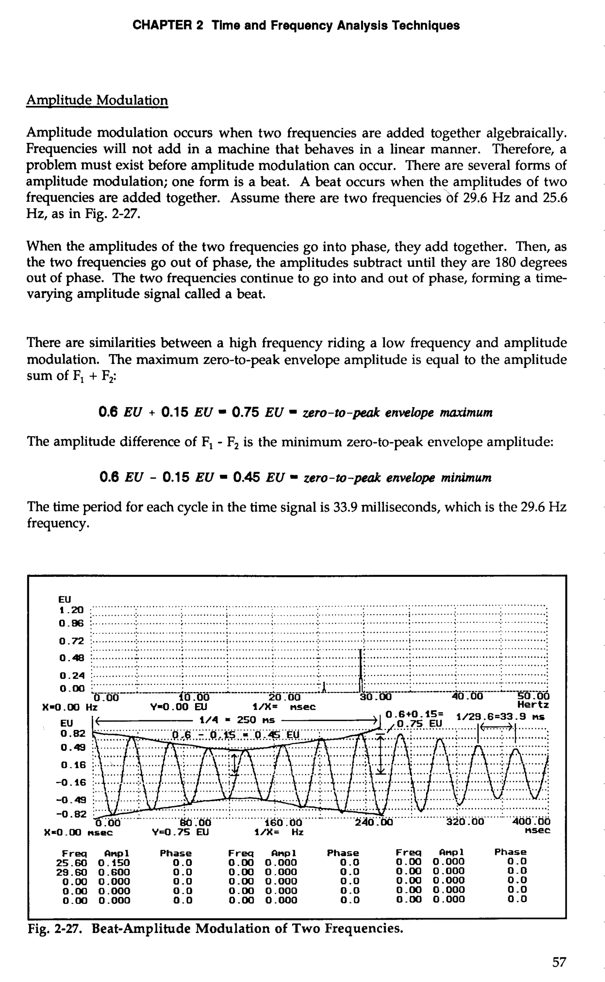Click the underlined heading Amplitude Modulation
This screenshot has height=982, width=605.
point(97,100)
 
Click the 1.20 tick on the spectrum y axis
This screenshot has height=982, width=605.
point(71,610)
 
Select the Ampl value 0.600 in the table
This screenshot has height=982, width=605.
point(114,872)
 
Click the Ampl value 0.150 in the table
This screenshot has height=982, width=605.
point(114,862)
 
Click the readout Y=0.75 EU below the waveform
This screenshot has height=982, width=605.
point(180,832)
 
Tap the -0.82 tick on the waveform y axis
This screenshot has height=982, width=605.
point(71,814)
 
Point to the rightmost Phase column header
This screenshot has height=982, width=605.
point(510,852)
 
